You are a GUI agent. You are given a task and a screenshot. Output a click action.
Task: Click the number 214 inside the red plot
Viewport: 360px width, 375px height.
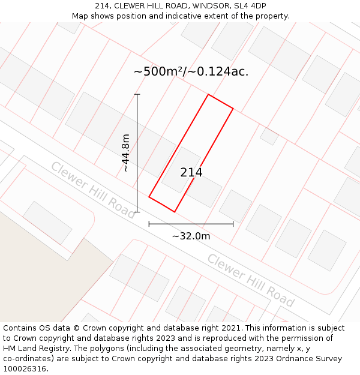click(191, 173)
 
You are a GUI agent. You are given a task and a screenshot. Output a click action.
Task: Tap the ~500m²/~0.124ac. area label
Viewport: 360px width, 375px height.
click(191, 72)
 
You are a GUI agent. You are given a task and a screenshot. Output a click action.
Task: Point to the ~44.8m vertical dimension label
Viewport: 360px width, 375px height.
click(126, 153)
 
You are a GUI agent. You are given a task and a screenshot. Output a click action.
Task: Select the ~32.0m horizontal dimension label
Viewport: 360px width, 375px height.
click(191, 236)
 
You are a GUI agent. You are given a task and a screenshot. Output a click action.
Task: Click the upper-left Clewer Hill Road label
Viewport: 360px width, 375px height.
click(93, 189)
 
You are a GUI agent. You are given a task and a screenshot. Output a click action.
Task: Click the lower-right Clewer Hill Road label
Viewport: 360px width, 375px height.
click(251, 280)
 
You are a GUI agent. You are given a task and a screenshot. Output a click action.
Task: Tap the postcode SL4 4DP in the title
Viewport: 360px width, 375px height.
click(250, 6)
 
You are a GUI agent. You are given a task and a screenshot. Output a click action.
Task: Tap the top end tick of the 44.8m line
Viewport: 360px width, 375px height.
click(137, 94)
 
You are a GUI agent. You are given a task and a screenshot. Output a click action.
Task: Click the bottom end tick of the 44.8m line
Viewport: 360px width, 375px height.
click(137, 212)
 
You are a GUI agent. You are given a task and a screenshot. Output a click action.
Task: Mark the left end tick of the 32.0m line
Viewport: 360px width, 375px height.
click(149, 224)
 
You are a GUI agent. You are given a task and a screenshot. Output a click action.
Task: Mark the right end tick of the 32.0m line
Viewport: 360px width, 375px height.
click(233, 224)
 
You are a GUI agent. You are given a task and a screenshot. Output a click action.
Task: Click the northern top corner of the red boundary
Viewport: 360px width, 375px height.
click(208, 95)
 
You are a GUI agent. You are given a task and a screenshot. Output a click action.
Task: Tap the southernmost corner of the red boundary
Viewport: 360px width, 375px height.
click(174, 211)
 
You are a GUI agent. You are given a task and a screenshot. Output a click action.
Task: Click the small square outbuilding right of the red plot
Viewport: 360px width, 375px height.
click(269, 136)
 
